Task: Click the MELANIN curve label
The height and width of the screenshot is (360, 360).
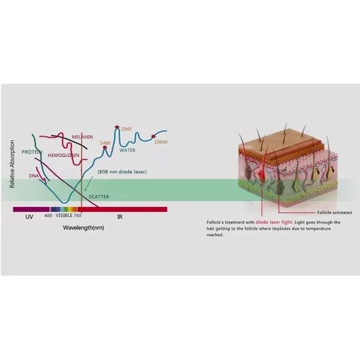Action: [82, 137]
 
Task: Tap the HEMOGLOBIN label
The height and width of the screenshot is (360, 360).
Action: [64, 155]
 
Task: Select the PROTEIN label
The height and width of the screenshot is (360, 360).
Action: [32, 152]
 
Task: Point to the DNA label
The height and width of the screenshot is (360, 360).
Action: [34, 176]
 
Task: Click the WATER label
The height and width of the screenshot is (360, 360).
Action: [127, 150]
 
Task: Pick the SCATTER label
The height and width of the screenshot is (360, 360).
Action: [99, 197]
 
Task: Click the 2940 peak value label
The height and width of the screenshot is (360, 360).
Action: [126, 129]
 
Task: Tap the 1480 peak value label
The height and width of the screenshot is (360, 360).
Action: [106, 143]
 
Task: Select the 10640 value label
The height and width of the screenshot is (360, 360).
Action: [161, 142]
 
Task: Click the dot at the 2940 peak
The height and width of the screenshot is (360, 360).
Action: [117, 127]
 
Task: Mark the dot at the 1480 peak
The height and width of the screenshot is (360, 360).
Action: [104, 148]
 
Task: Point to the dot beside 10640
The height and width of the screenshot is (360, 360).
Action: [154, 137]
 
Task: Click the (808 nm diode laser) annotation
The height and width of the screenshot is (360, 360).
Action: [122, 172]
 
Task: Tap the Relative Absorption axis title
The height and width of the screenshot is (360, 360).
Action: [12, 164]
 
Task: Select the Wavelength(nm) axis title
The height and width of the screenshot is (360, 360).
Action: [83, 228]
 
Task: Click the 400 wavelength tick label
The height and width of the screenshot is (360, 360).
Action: [48, 215]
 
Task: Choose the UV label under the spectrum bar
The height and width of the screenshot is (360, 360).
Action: [29, 217]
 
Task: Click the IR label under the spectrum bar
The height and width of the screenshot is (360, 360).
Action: [120, 217]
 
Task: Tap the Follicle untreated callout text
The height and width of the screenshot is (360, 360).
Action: [335, 212]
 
